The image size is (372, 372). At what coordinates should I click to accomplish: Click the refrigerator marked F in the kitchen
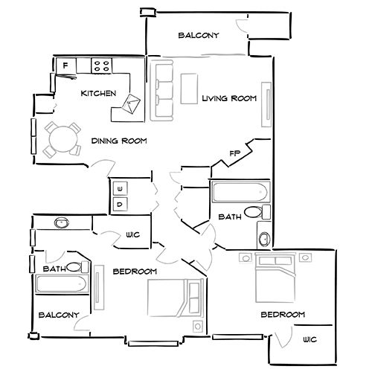65,66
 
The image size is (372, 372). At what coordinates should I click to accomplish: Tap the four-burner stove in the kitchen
102,65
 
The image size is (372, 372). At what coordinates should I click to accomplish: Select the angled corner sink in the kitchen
132,105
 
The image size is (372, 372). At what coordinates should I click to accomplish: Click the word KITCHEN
98,94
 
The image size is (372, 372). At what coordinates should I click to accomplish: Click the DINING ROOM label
118,141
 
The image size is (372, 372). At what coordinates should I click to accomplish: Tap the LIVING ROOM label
229,98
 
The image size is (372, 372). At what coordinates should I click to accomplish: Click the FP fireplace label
235,154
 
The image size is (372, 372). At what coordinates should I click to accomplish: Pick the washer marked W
120,187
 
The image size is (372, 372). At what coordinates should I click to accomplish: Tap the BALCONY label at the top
198,36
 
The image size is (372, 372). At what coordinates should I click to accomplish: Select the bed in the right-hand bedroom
273,281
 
